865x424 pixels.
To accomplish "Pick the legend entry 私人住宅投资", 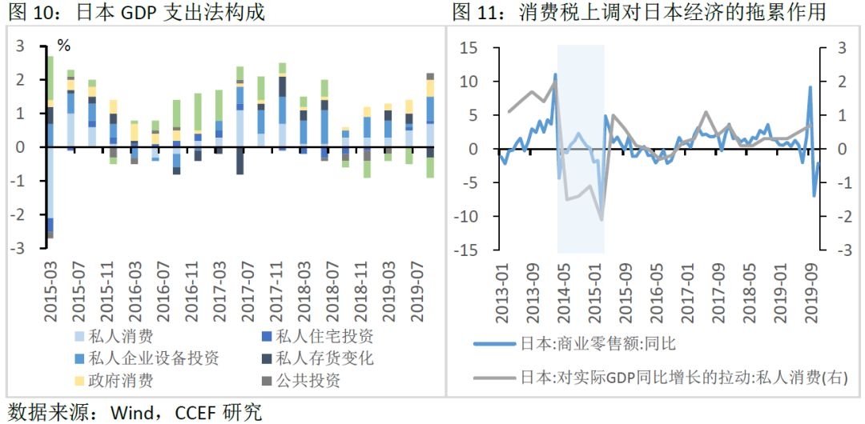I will click(324, 337).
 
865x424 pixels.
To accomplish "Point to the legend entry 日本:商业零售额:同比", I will click(597, 344).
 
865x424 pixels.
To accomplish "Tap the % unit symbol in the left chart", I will click(63, 46).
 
